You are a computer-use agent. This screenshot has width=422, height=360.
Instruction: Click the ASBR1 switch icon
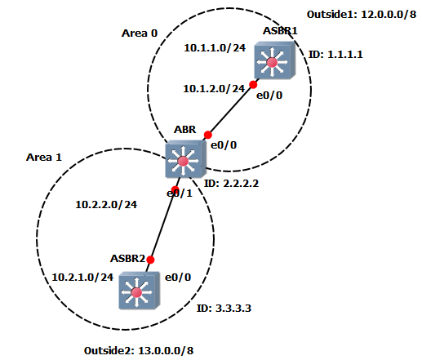tap(275, 60)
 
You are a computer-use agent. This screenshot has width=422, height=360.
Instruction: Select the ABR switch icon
tap(185, 159)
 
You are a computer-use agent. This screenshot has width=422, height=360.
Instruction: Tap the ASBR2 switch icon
tap(139, 291)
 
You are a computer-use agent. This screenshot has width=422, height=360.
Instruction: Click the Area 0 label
tap(140, 33)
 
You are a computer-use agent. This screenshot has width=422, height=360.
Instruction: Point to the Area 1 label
tap(44, 158)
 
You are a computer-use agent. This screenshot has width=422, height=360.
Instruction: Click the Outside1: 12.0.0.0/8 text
tap(362, 15)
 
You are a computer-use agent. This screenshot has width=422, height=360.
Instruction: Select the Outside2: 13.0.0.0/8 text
tap(139, 351)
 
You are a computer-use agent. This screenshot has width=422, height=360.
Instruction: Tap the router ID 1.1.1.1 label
tap(335, 55)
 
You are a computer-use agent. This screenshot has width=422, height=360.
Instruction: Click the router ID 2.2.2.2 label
tap(231, 184)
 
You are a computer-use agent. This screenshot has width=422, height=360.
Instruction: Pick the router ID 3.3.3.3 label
tap(224, 309)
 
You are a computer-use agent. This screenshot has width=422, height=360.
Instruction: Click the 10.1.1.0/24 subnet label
tap(215, 48)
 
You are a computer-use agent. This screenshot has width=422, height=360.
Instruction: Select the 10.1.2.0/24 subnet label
tap(214, 89)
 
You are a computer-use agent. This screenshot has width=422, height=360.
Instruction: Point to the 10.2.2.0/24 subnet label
tap(106, 205)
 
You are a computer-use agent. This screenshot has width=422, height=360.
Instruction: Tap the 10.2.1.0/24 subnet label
tap(82, 278)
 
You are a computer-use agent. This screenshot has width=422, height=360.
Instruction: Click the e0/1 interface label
tap(180, 193)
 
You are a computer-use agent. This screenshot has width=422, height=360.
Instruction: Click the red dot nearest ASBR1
tap(253, 85)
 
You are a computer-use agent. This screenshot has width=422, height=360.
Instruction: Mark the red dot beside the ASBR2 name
tap(150, 260)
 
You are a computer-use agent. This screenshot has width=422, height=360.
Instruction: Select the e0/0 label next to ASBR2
tap(178, 278)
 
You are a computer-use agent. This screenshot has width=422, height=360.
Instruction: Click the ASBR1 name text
tap(280, 31)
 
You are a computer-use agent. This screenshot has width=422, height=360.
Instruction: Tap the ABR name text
tap(184, 129)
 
